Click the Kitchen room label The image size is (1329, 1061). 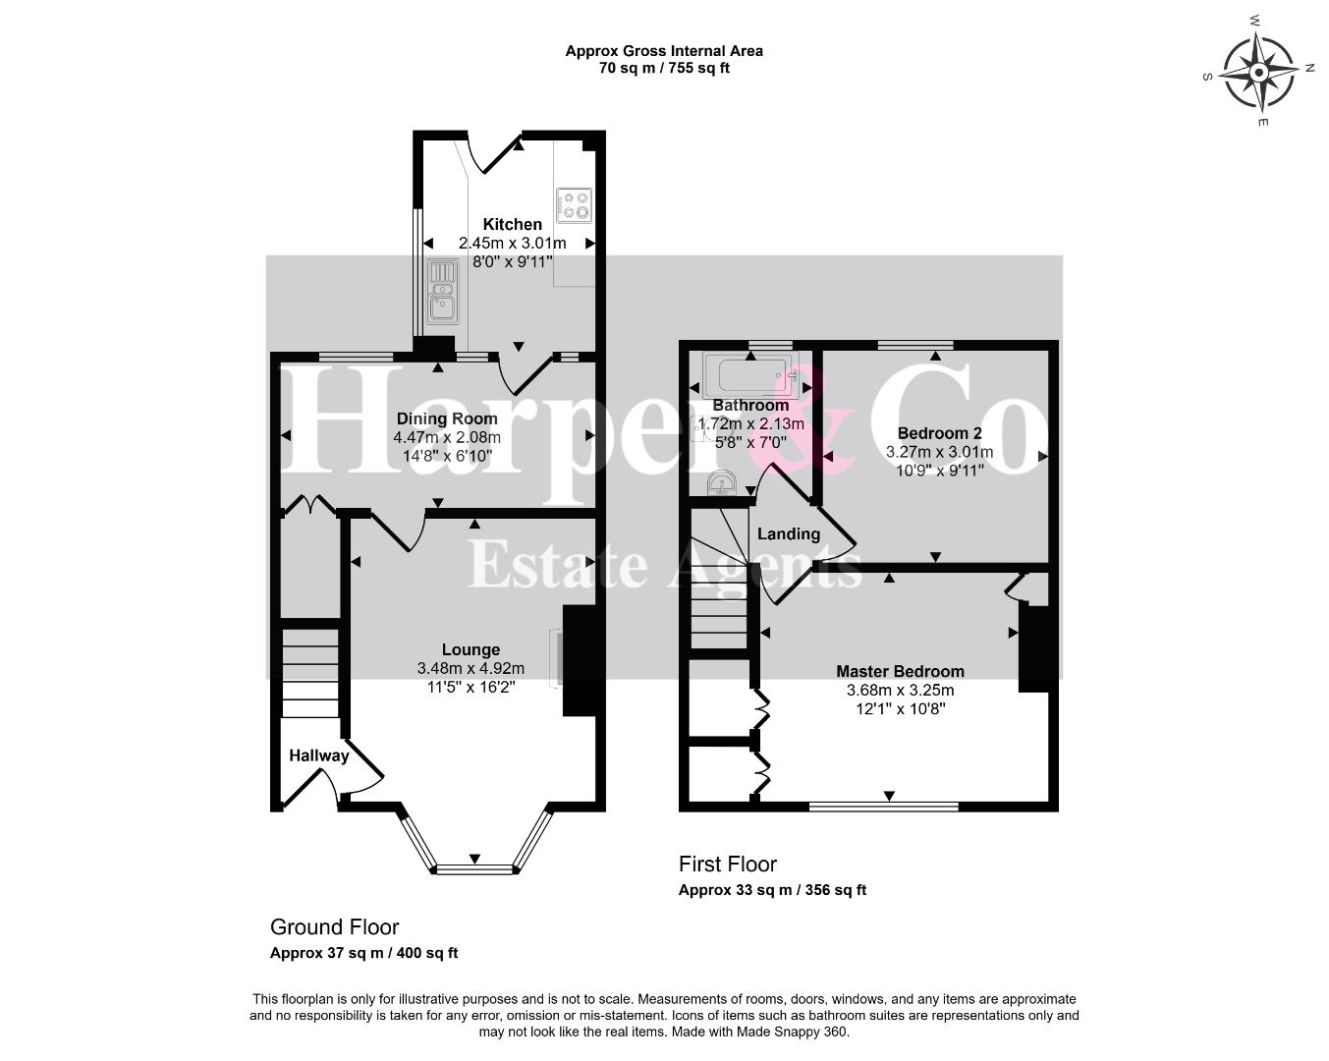(x=512, y=224)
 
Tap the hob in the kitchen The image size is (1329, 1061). (x=574, y=205)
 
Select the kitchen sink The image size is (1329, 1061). (x=442, y=292)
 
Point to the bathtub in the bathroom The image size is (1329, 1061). (x=751, y=375)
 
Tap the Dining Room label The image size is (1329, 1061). (x=447, y=419)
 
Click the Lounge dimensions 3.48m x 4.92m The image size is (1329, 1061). (x=471, y=668)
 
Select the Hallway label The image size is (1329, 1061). (x=318, y=755)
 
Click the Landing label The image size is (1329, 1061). (x=789, y=534)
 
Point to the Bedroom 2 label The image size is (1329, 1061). (x=939, y=433)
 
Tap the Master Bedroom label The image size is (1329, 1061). (x=900, y=671)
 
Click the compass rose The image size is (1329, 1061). (x=1258, y=73)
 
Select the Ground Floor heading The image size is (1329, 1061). (x=335, y=927)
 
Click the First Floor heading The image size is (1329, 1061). (x=728, y=864)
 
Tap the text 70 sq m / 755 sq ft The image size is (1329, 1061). (x=664, y=68)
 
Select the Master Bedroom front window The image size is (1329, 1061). (x=884, y=806)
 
